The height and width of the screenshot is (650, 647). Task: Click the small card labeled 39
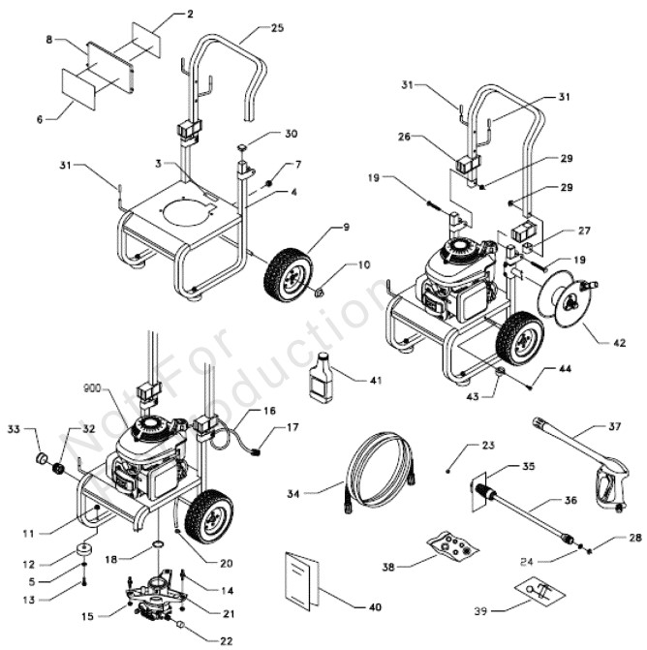[x=535, y=589]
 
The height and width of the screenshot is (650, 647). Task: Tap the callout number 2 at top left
[x=189, y=15]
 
